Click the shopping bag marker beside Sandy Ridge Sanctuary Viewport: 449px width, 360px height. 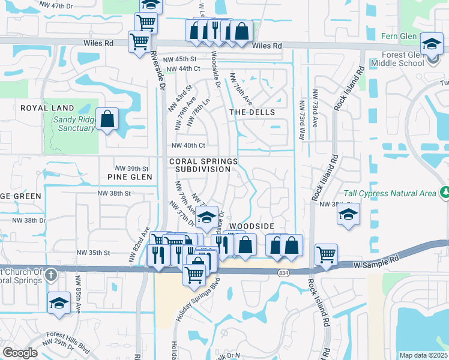pos(107,118)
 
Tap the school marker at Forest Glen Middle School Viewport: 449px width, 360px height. pos(431,44)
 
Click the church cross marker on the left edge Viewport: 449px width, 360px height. pos(51,275)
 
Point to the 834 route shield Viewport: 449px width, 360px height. pos(282,272)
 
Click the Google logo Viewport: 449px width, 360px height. pos(20,353)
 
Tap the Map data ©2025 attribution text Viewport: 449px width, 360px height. pos(424,355)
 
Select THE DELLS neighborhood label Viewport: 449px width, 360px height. pos(252,112)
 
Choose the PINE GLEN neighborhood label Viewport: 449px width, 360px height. pos(129,177)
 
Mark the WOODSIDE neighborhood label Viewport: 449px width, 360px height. pos(252,226)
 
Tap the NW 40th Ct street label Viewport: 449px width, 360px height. pos(188,145)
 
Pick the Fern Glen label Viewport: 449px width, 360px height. pos(399,36)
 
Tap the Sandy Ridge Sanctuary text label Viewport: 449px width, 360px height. pos(74,124)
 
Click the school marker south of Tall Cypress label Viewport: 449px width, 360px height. pos(348,215)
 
